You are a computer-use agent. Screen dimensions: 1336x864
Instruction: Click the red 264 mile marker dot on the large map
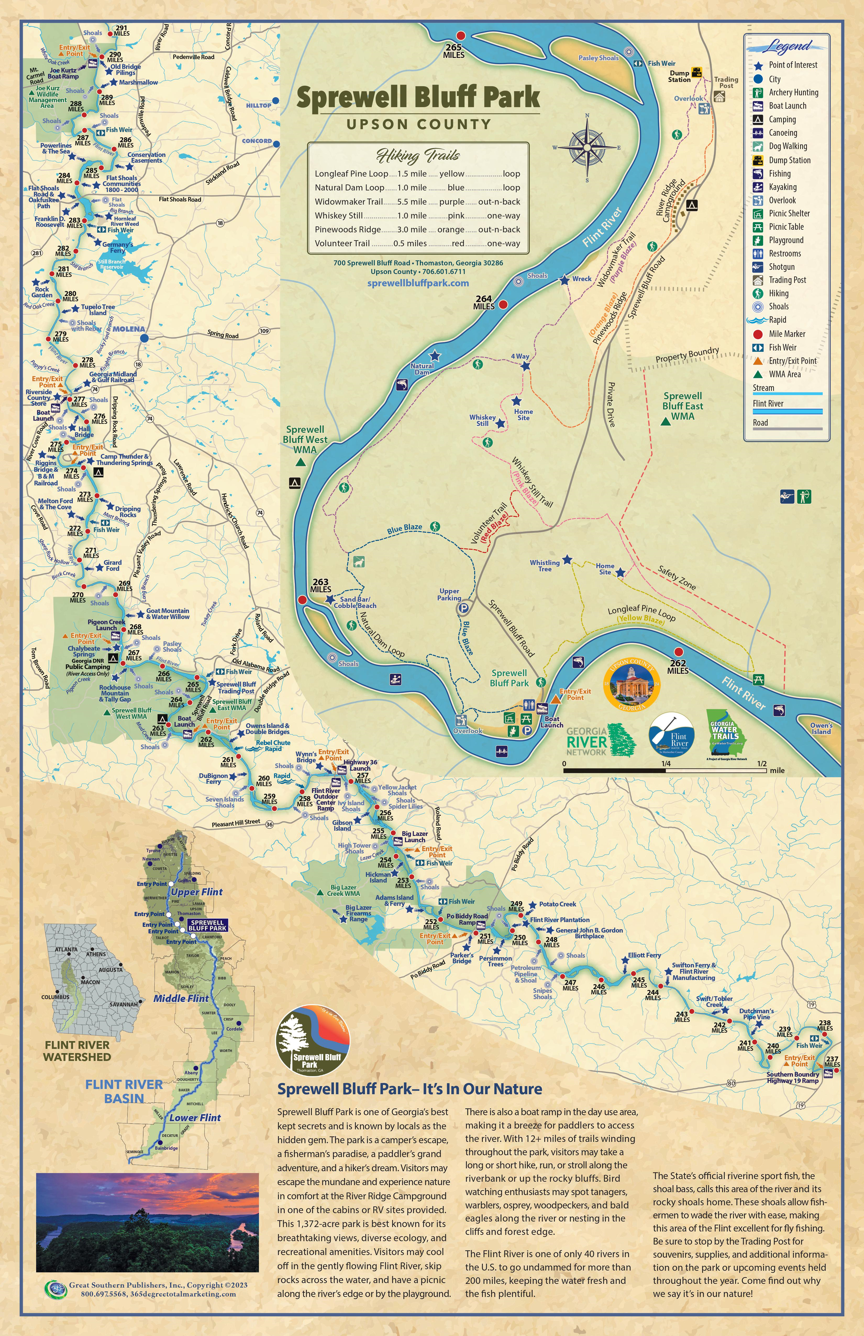point(503,304)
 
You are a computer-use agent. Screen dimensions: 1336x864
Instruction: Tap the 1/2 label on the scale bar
point(761,763)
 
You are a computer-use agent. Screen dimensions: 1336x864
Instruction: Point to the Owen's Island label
point(821,728)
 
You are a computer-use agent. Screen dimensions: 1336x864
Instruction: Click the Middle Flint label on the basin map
point(181,999)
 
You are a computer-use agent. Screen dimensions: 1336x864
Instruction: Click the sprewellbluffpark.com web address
point(418,283)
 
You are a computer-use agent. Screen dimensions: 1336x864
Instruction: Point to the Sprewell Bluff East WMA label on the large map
point(682,406)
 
